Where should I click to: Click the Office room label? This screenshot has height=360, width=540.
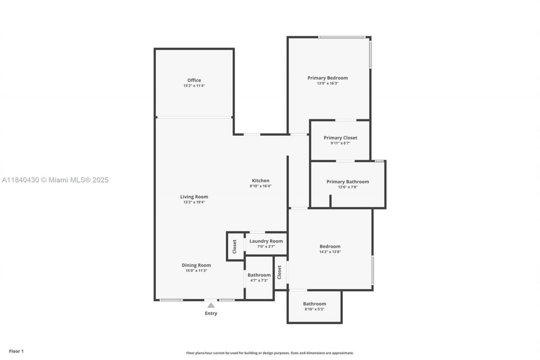(x=194, y=80)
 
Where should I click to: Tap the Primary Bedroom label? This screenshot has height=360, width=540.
(x=327, y=78)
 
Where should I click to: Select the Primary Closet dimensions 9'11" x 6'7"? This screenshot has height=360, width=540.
(x=340, y=143)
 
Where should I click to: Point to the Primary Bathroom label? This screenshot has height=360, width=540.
(x=348, y=181)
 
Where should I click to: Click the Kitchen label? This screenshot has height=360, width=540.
(x=260, y=181)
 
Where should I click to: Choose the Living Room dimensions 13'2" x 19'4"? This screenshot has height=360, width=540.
(x=194, y=202)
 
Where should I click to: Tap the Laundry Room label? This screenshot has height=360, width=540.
(x=266, y=241)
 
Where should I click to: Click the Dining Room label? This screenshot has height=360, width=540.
(x=196, y=265)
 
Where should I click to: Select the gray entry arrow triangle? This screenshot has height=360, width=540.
(x=211, y=305)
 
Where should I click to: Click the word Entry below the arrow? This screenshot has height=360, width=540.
(x=211, y=313)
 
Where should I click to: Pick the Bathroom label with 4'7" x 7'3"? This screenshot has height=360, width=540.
(x=259, y=275)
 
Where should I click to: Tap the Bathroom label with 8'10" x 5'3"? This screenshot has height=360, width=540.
(x=314, y=303)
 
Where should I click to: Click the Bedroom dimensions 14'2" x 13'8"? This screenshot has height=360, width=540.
(x=330, y=252)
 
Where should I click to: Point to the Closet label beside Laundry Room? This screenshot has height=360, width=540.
(x=235, y=246)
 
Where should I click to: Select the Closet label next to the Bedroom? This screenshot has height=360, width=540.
(x=279, y=272)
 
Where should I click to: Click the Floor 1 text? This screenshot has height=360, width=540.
(x=16, y=351)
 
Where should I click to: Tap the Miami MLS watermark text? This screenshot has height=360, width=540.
(x=55, y=180)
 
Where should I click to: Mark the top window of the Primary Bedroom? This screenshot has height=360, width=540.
(x=342, y=37)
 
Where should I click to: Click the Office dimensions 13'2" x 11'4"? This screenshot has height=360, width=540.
(x=194, y=86)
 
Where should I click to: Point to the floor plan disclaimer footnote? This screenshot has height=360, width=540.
(x=270, y=353)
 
